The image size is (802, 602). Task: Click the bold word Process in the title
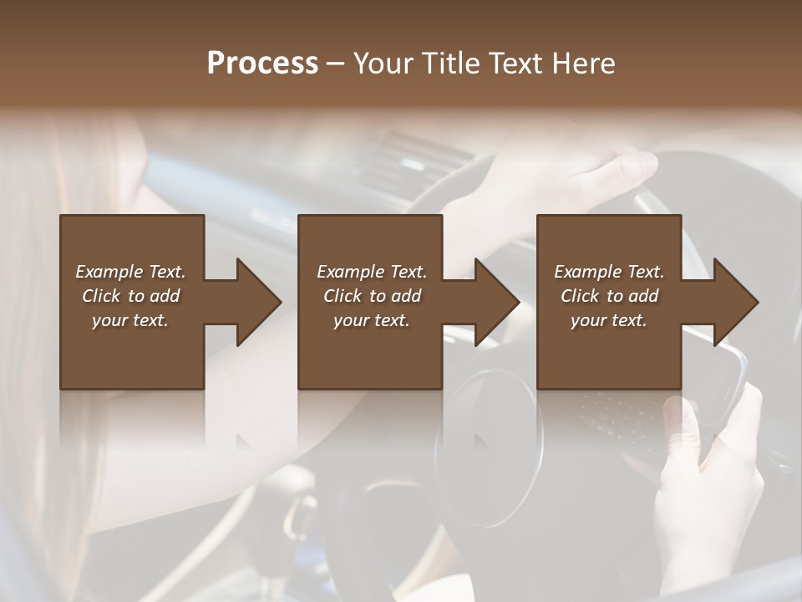click(262, 63)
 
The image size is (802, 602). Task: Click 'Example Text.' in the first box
click(130, 272)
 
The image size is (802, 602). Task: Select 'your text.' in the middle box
click(371, 320)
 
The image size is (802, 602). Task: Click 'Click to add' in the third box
click(609, 296)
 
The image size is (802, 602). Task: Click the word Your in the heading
click(383, 63)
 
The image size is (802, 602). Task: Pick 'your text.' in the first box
click(130, 320)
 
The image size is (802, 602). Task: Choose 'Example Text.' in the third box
click(609, 272)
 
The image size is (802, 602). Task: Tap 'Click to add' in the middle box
click(372, 296)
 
